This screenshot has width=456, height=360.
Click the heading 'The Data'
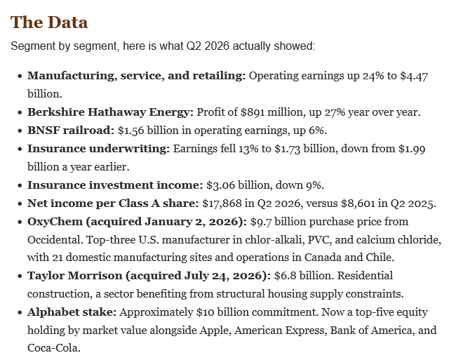[x=49, y=22]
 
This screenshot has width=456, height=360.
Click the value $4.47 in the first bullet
[x=414, y=76]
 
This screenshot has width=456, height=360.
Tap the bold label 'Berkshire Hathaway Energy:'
[x=110, y=112]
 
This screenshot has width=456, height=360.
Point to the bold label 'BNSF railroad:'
[x=71, y=131]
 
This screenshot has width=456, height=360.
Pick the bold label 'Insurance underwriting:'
[x=98, y=149]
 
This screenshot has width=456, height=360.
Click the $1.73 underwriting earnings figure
[x=288, y=149]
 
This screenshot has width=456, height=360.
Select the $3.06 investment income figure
[x=220, y=185]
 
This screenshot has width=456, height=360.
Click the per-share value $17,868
[x=222, y=204]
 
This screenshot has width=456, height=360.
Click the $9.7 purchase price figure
[x=261, y=222]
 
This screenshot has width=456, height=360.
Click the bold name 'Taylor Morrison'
[x=75, y=276]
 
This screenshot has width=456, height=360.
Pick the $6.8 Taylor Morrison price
[x=285, y=276]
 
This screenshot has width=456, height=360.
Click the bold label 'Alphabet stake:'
[x=72, y=312]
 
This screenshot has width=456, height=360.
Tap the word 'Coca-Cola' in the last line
[x=53, y=348]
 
